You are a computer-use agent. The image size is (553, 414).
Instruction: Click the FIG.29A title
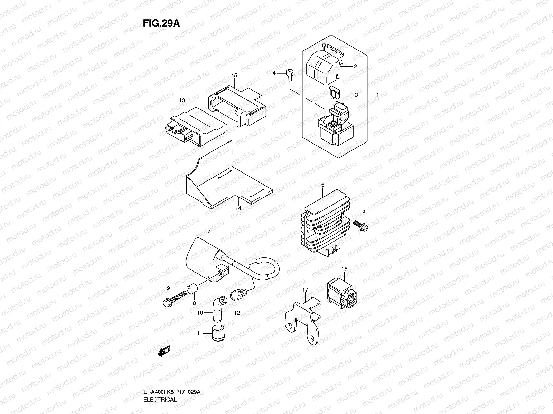tap(161, 23)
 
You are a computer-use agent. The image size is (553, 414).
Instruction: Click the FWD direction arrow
tap(163, 352)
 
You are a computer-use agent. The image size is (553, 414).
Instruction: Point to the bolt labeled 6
tap(362, 225)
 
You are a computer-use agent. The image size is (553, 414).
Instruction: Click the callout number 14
tap(238, 208)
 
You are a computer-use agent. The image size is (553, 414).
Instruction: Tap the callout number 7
tap(209, 230)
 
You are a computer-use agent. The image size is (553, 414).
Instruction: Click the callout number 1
tap(378, 95)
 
